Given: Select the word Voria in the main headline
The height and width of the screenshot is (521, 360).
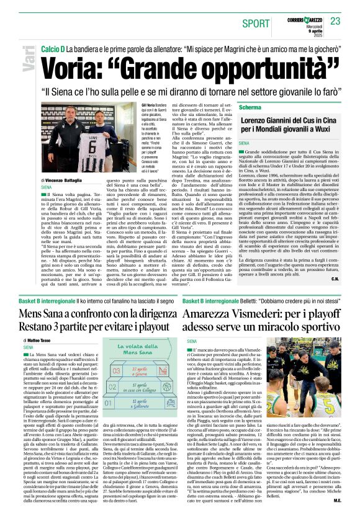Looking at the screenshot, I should [73, 65].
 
